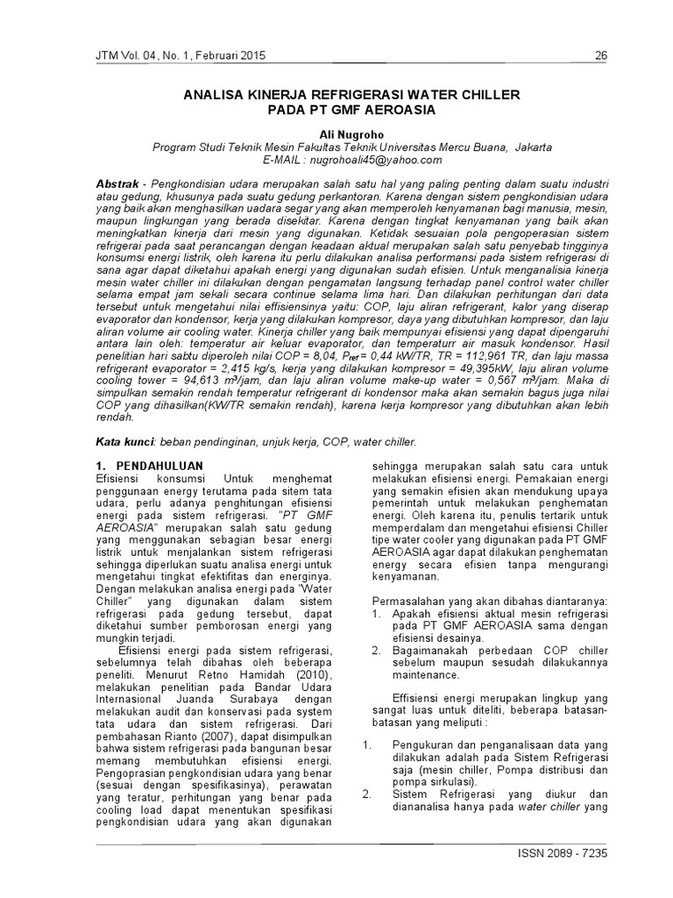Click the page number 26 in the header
(601, 56)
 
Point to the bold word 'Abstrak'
(120, 181)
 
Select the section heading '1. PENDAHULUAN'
(148, 465)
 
